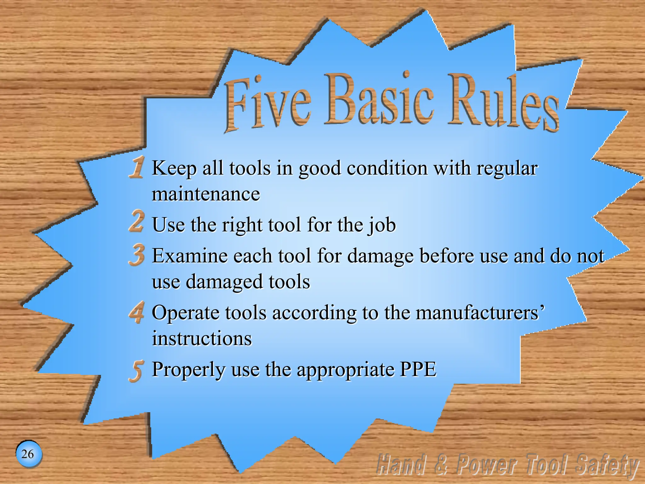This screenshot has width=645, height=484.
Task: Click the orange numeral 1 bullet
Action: point(137,167)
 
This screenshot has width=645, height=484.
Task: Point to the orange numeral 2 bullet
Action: point(137,221)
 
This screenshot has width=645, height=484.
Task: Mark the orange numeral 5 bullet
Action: point(137,371)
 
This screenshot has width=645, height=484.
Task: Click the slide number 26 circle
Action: point(28,454)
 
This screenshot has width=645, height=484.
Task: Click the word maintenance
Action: point(206,194)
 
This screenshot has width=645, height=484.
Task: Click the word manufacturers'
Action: point(480,313)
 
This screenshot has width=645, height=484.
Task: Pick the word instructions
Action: point(202,338)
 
